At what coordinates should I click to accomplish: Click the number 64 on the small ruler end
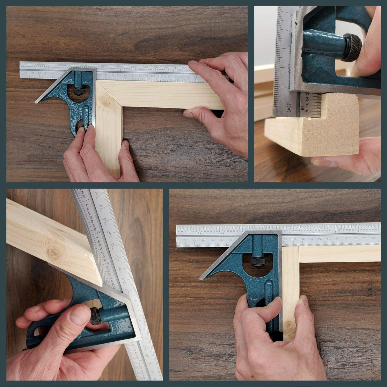302,108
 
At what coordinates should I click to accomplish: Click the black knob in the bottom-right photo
258,262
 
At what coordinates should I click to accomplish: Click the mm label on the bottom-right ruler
181,243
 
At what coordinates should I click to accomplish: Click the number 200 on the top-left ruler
153,76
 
